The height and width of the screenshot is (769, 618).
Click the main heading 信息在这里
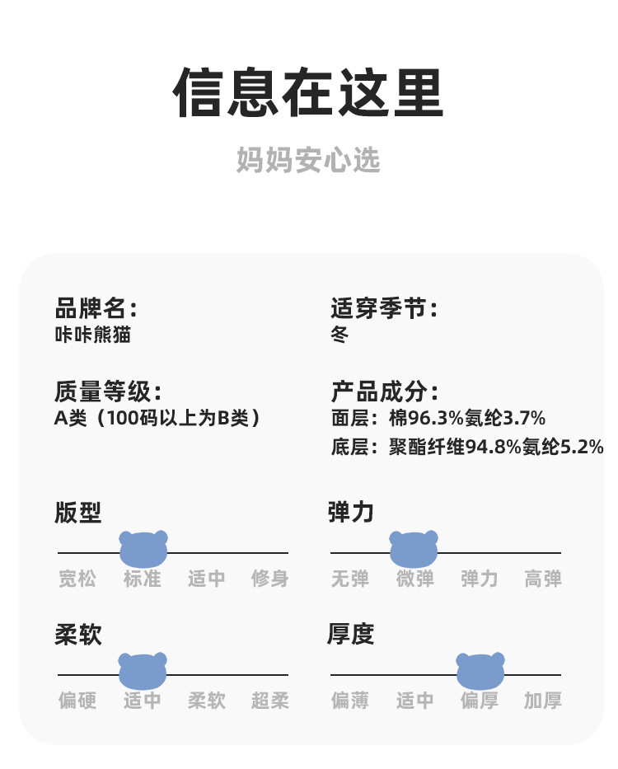[x=308, y=94]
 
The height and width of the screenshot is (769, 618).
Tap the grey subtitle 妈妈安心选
[x=308, y=160]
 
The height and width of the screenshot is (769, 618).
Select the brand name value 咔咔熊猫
[x=92, y=335]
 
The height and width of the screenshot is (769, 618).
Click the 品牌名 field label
[x=95, y=309]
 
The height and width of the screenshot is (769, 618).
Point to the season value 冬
[x=339, y=335]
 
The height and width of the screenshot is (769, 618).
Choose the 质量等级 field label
[x=107, y=392]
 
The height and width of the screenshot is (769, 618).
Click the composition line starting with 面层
[x=438, y=418]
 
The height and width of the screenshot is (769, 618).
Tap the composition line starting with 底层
[x=466, y=447]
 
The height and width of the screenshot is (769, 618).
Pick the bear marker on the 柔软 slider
[x=143, y=671]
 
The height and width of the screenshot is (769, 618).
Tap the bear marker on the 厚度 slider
[x=480, y=671]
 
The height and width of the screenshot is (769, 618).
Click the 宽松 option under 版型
[x=77, y=579]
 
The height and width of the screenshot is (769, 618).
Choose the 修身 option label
[x=270, y=579]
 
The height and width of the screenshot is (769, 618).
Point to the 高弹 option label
[x=543, y=579]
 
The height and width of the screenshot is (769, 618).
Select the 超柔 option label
[x=270, y=701]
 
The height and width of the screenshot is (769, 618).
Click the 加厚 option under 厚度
[x=543, y=701]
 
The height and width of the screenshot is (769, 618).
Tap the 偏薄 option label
[x=350, y=701]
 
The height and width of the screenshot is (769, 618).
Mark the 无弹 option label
[x=350, y=579]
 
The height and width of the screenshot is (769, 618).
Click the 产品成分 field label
[x=384, y=392]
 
